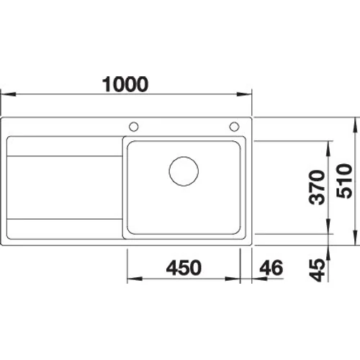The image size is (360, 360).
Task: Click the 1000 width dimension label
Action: (x=125, y=84)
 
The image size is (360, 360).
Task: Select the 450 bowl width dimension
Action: (x=184, y=267)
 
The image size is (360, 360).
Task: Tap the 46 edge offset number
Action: (x=271, y=267)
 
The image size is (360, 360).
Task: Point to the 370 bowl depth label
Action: (x=317, y=187)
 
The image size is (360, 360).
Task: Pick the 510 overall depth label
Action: (x=344, y=181)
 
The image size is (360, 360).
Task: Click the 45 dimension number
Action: (x=317, y=270)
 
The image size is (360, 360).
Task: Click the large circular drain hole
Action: (x=184, y=171)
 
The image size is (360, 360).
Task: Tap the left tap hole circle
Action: (x=134, y=127)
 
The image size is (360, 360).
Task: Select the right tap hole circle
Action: (x=234, y=127)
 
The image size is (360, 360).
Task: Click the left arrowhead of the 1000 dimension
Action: (x=9, y=94)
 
